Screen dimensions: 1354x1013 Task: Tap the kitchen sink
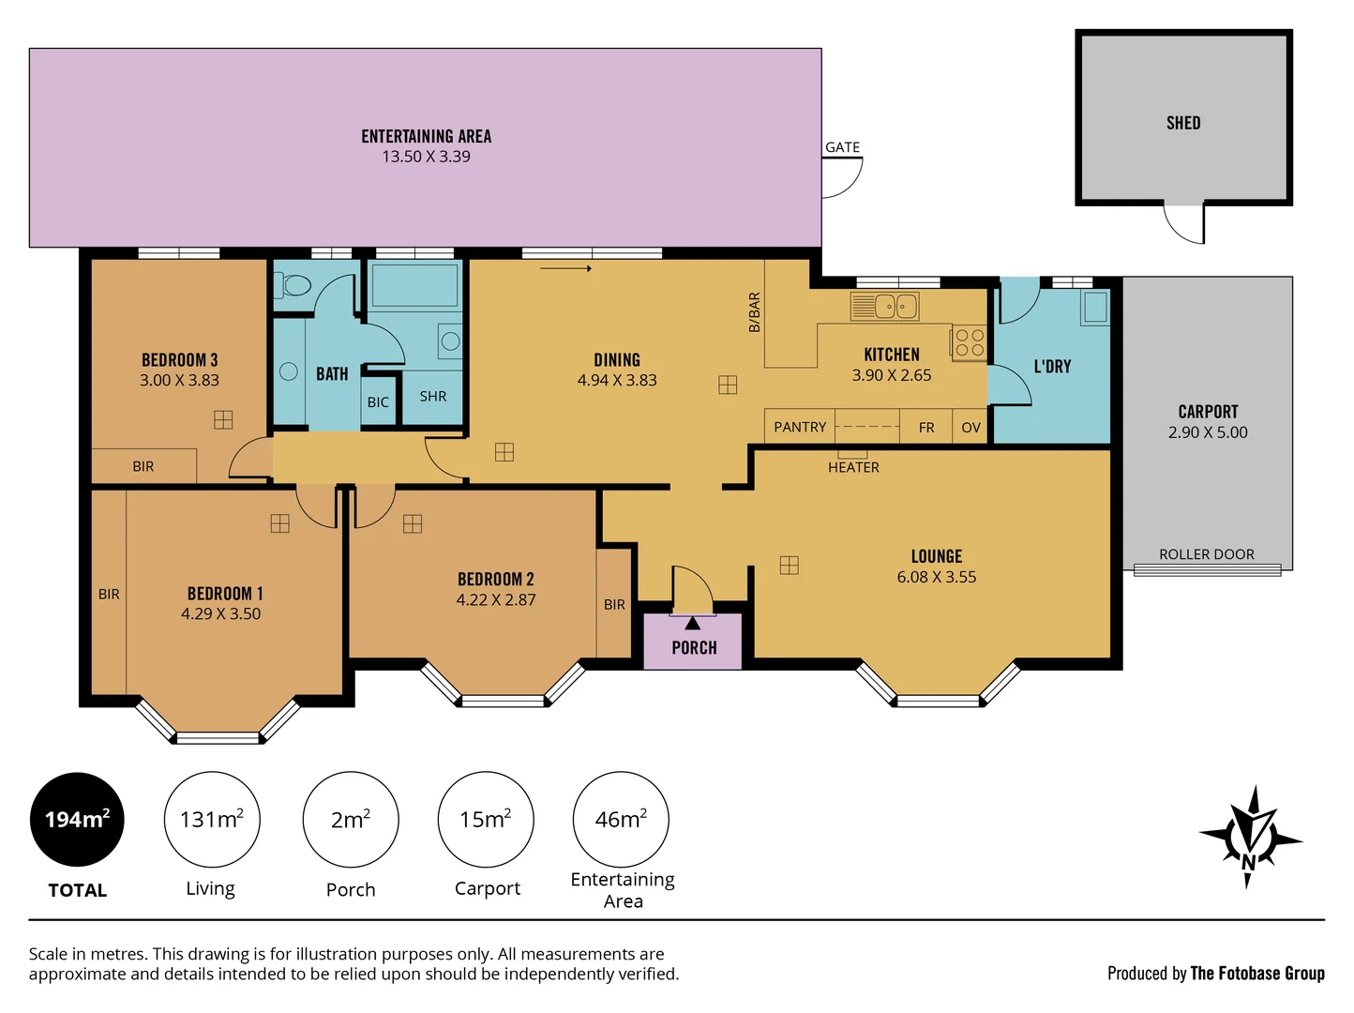click(884, 306)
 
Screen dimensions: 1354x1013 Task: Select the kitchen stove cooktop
click(969, 343)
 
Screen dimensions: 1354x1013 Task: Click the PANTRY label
click(800, 427)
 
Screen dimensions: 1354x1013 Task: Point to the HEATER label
click(853, 468)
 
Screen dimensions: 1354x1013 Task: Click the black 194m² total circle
click(77, 819)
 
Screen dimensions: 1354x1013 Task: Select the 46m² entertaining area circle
click(621, 819)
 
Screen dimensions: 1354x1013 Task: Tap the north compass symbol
click(1250, 838)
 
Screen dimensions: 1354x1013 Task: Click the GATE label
click(842, 147)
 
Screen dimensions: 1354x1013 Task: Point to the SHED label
click(1183, 123)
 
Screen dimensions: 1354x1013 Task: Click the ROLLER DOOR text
click(1207, 554)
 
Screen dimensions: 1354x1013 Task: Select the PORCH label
click(694, 648)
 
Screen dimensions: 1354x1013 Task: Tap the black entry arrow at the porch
click(693, 624)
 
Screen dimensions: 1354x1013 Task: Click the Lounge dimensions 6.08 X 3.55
click(937, 577)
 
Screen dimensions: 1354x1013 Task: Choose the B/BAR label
click(754, 312)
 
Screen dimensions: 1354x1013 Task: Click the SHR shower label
click(432, 397)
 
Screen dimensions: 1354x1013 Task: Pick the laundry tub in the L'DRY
click(1094, 308)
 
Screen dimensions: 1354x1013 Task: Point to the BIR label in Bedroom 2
click(614, 605)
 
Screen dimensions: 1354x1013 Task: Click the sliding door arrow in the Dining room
click(565, 268)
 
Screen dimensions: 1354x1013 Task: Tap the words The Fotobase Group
click(1257, 974)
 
